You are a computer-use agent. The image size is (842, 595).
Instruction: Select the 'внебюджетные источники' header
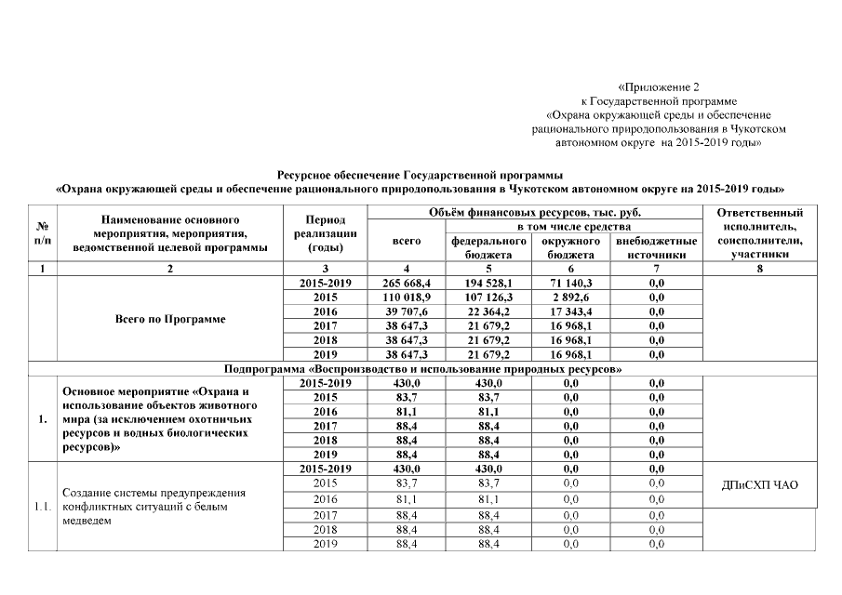click(656, 246)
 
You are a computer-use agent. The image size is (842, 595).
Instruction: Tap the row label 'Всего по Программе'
click(169, 319)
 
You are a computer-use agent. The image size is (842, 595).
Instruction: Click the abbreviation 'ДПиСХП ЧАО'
click(760, 484)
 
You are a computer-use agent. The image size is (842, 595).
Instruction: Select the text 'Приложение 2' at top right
click(658, 86)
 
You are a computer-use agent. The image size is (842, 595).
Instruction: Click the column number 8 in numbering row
click(760, 268)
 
